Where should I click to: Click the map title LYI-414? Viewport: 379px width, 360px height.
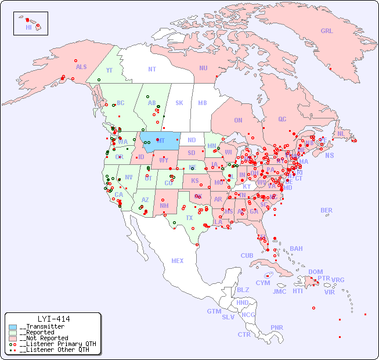point(53,319)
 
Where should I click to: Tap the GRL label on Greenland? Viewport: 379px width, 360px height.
point(327,31)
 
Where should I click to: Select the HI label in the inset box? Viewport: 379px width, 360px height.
point(28,27)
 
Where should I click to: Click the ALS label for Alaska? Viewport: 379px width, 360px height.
point(81,67)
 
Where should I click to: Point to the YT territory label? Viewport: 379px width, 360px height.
point(109,70)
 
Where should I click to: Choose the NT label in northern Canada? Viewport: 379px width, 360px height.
point(151,69)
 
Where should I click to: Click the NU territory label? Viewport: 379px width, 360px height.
point(203,68)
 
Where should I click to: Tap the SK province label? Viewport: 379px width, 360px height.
point(179,103)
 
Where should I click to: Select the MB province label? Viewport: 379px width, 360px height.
point(203,103)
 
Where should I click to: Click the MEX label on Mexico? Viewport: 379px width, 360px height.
point(178,261)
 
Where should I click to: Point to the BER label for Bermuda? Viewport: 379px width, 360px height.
point(327,210)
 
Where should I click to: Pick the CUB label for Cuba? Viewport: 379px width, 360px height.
point(247,255)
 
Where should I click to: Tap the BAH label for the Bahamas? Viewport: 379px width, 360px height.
point(296,249)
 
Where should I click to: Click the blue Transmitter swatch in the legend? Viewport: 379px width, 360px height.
point(13,327)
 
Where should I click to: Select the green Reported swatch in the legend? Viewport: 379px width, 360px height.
point(13,333)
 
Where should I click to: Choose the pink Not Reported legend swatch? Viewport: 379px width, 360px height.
point(13,339)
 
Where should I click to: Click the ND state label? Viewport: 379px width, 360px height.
point(192,140)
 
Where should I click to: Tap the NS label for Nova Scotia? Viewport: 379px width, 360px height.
point(329,156)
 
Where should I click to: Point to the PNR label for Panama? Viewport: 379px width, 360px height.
point(277,327)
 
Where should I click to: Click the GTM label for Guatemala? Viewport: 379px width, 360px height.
point(214,311)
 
